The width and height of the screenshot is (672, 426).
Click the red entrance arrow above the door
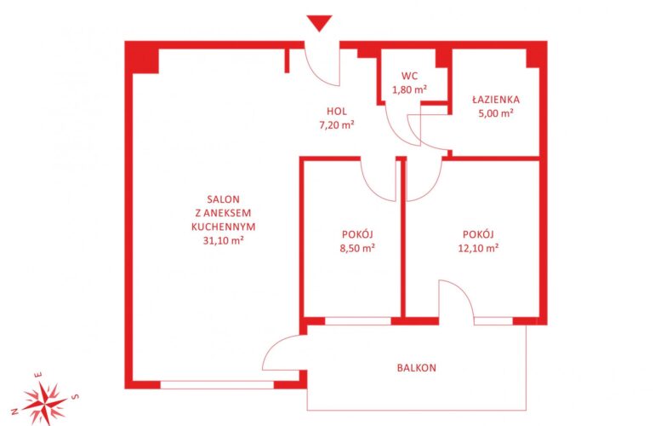coord(319,23)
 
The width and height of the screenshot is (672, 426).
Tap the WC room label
coord(409,76)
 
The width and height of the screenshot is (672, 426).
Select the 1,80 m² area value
coord(409,89)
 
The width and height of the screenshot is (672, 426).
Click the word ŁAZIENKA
coord(496,99)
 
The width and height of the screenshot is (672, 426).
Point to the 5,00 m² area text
coord(496,113)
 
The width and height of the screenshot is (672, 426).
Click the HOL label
coord(337,112)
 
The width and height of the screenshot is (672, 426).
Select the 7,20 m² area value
coord(337,125)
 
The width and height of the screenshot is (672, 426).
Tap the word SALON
coord(223,199)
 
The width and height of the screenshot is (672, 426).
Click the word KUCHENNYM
coord(223,227)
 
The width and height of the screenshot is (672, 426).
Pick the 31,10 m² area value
coord(223,240)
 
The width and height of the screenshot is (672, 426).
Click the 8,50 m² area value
coord(357,248)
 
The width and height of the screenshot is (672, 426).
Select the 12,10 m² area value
coord(478,248)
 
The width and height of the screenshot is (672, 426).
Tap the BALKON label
coord(417,368)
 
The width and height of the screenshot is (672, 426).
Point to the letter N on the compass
coord(14,412)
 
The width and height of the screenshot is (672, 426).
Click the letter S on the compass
coord(75,396)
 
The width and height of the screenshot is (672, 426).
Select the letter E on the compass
coord(38,375)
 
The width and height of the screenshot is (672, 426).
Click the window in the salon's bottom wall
coord(217,385)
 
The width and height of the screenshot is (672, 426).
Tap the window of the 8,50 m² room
coord(358,321)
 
